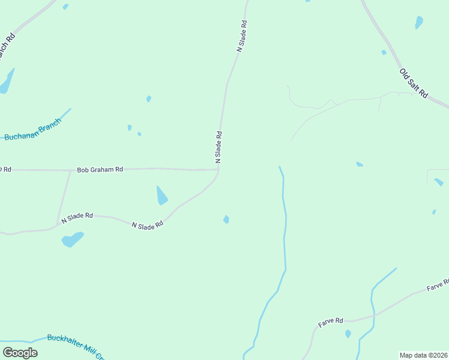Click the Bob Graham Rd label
click(x=100, y=170)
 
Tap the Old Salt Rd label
click(x=414, y=83)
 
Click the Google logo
click(x=20, y=352)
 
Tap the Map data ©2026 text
click(x=424, y=355)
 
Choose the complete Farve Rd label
click(x=330, y=322)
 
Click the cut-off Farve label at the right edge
click(x=438, y=285)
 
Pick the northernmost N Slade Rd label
click(x=242, y=37)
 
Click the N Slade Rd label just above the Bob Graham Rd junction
click(x=219, y=147)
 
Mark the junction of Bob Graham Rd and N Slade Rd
click(x=218, y=170)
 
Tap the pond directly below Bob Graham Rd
click(x=161, y=196)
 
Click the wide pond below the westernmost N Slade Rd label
click(x=72, y=240)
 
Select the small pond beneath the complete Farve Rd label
click(x=348, y=334)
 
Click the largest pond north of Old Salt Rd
click(x=418, y=23)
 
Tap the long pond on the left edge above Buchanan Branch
click(x=7, y=82)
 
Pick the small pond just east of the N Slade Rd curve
click(x=226, y=220)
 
